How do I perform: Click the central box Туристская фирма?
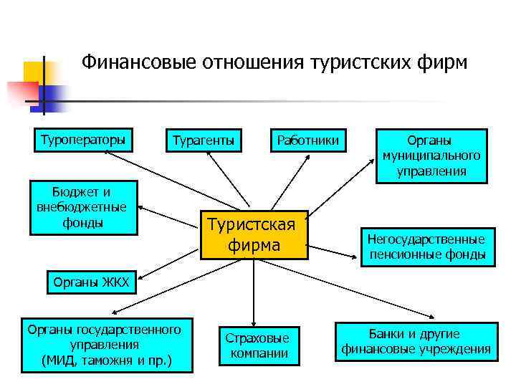click(254, 234)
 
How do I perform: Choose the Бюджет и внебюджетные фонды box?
click(81, 208)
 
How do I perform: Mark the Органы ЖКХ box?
click(91, 282)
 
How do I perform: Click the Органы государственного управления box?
click(107, 344)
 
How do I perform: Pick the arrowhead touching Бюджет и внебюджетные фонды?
click(140, 207)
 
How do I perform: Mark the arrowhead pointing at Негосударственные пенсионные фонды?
click(355, 252)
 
